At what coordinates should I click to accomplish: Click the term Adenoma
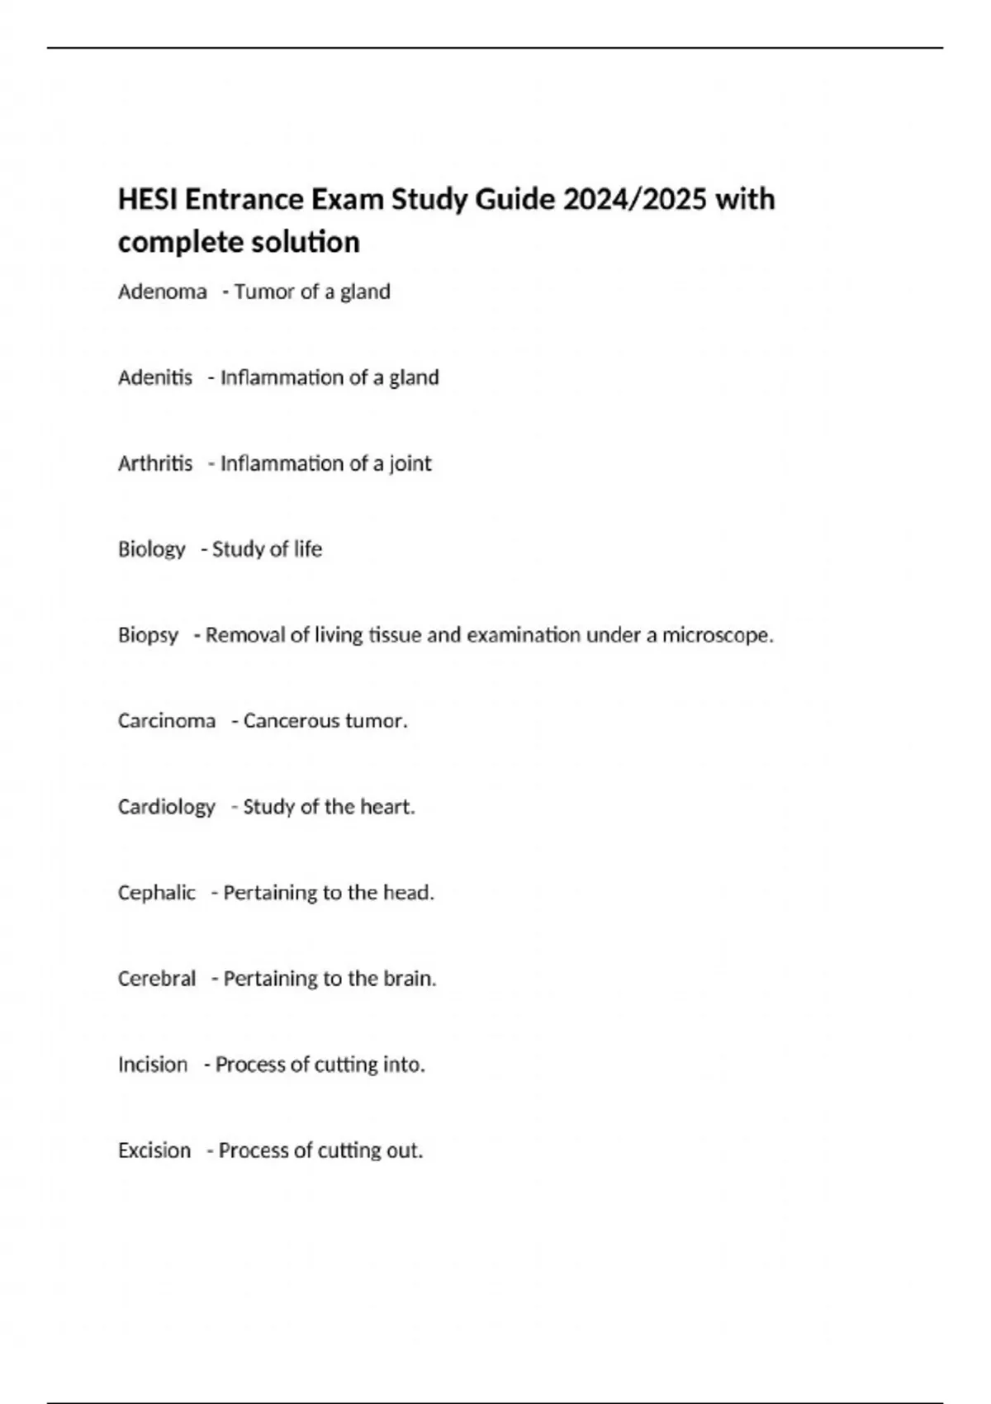163,292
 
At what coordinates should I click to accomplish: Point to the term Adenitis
155,377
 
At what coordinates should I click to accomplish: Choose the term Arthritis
155,463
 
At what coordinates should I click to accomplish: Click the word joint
410,464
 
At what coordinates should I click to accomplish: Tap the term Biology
152,549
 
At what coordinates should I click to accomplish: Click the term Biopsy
149,635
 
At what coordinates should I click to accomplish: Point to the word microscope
718,635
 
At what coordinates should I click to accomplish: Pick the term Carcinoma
167,721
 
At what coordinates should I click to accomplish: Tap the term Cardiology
167,807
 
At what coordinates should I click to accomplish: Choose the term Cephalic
157,893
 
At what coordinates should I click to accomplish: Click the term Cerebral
157,979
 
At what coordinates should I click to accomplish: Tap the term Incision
153,1065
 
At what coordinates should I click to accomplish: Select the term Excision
154,1150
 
